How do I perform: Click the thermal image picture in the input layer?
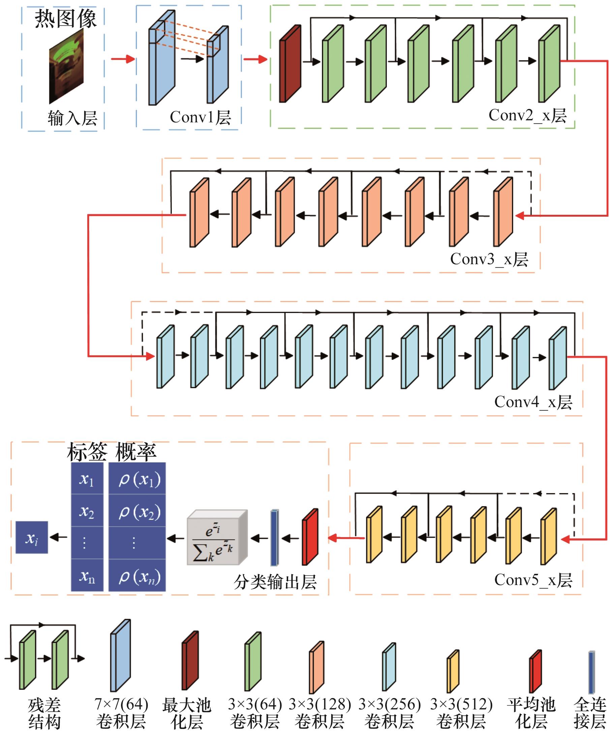pyautogui.click(x=66, y=66)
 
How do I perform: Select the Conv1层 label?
pyautogui.click(x=200, y=117)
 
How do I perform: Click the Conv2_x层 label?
pyautogui.click(x=527, y=115)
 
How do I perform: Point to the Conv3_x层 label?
pyautogui.click(x=489, y=259)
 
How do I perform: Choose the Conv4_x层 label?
pyautogui.click(x=533, y=402)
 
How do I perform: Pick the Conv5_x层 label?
pyautogui.click(x=533, y=580)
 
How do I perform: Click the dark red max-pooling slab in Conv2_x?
pyautogui.click(x=290, y=64)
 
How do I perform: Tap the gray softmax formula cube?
pyautogui.click(x=217, y=538)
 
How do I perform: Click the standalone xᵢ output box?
pyautogui.click(x=32, y=538)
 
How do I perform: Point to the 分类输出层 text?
pyautogui.click(x=275, y=582)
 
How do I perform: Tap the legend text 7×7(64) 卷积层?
pyautogui.click(x=121, y=713)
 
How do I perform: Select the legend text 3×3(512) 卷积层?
pyautogui.click(x=461, y=713)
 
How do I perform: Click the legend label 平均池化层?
pyautogui.click(x=531, y=713)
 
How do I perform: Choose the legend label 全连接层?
pyautogui.click(x=590, y=713)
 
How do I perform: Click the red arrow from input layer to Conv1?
pyautogui.click(x=123, y=59)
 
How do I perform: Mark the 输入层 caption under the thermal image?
pyautogui.click(x=72, y=118)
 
